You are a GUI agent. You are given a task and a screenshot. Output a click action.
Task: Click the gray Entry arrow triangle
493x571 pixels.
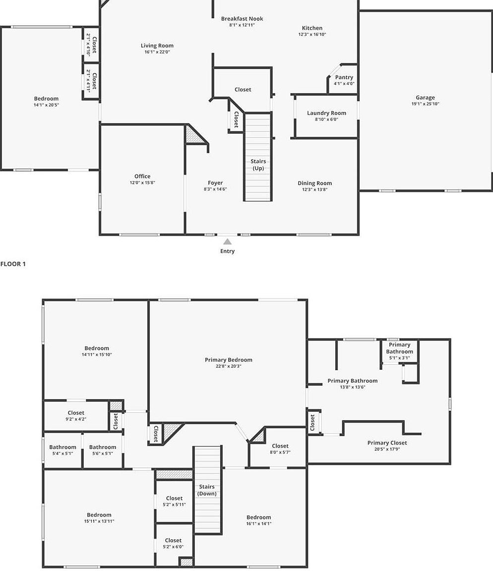pyautogui.click(x=227, y=242)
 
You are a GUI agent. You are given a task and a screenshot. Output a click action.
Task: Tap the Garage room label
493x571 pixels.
pyautogui.click(x=425, y=98)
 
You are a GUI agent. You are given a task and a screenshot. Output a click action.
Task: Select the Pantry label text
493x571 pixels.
pyautogui.click(x=344, y=77)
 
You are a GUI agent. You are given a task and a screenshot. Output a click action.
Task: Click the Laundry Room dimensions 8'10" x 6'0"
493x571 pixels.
pyautogui.click(x=326, y=119)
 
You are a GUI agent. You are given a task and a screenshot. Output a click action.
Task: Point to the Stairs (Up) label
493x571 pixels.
pyautogui.click(x=258, y=165)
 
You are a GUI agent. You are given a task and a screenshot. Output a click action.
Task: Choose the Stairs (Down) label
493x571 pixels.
pyautogui.click(x=207, y=490)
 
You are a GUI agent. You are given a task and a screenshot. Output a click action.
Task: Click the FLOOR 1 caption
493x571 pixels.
pyautogui.click(x=13, y=264)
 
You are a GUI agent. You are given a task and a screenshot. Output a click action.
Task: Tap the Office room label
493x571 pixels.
pyautogui.click(x=142, y=176)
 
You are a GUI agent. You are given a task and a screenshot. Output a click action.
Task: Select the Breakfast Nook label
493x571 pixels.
pyautogui.click(x=242, y=19)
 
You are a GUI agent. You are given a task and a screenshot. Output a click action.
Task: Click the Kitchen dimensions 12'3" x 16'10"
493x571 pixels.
pyautogui.click(x=312, y=35)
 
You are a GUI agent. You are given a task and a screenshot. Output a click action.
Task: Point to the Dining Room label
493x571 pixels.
pyautogui.click(x=314, y=183)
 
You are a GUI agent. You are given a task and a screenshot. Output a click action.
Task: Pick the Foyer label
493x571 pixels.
pyautogui.click(x=215, y=183)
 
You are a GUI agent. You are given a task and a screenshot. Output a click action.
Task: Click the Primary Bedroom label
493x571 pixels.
pyautogui.click(x=228, y=360)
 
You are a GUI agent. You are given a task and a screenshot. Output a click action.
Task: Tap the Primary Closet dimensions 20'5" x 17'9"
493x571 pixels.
pyautogui.click(x=387, y=450)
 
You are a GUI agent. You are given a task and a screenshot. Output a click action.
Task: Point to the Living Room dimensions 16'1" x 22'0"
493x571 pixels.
pyautogui.click(x=157, y=52)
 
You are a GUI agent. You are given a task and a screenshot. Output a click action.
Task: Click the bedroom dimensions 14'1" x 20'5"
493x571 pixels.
pyautogui.click(x=46, y=105)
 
